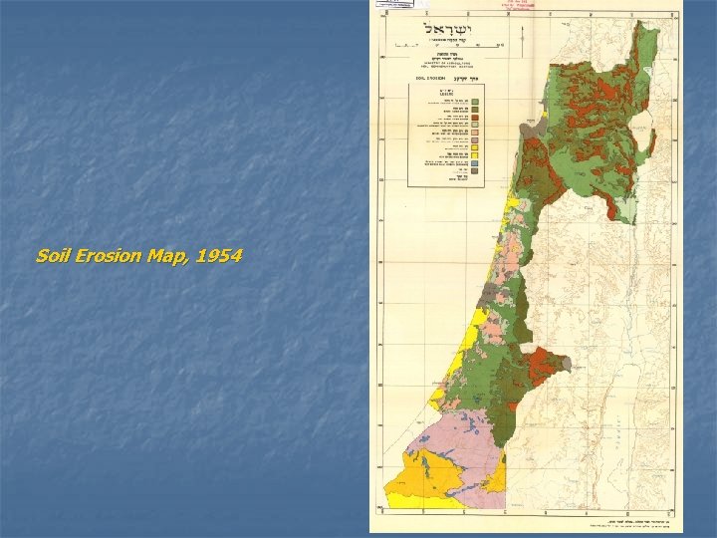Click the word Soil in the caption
(x=53, y=257)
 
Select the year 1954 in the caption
(x=220, y=257)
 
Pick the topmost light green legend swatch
(x=476, y=102)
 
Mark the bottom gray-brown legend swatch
(x=476, y=171)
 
